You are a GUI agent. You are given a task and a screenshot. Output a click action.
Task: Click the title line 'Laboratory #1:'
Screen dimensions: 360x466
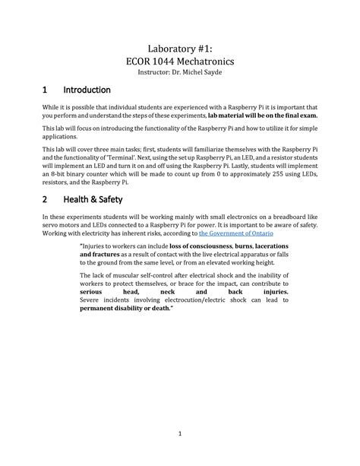pyautogui.click(x=179, y=45)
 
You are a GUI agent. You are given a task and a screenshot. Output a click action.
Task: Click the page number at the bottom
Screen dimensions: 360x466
pyautogui.click(x=179, y=434)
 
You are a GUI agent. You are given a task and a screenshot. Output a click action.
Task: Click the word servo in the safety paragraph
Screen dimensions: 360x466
pyautogui.click(x=50, y=226)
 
